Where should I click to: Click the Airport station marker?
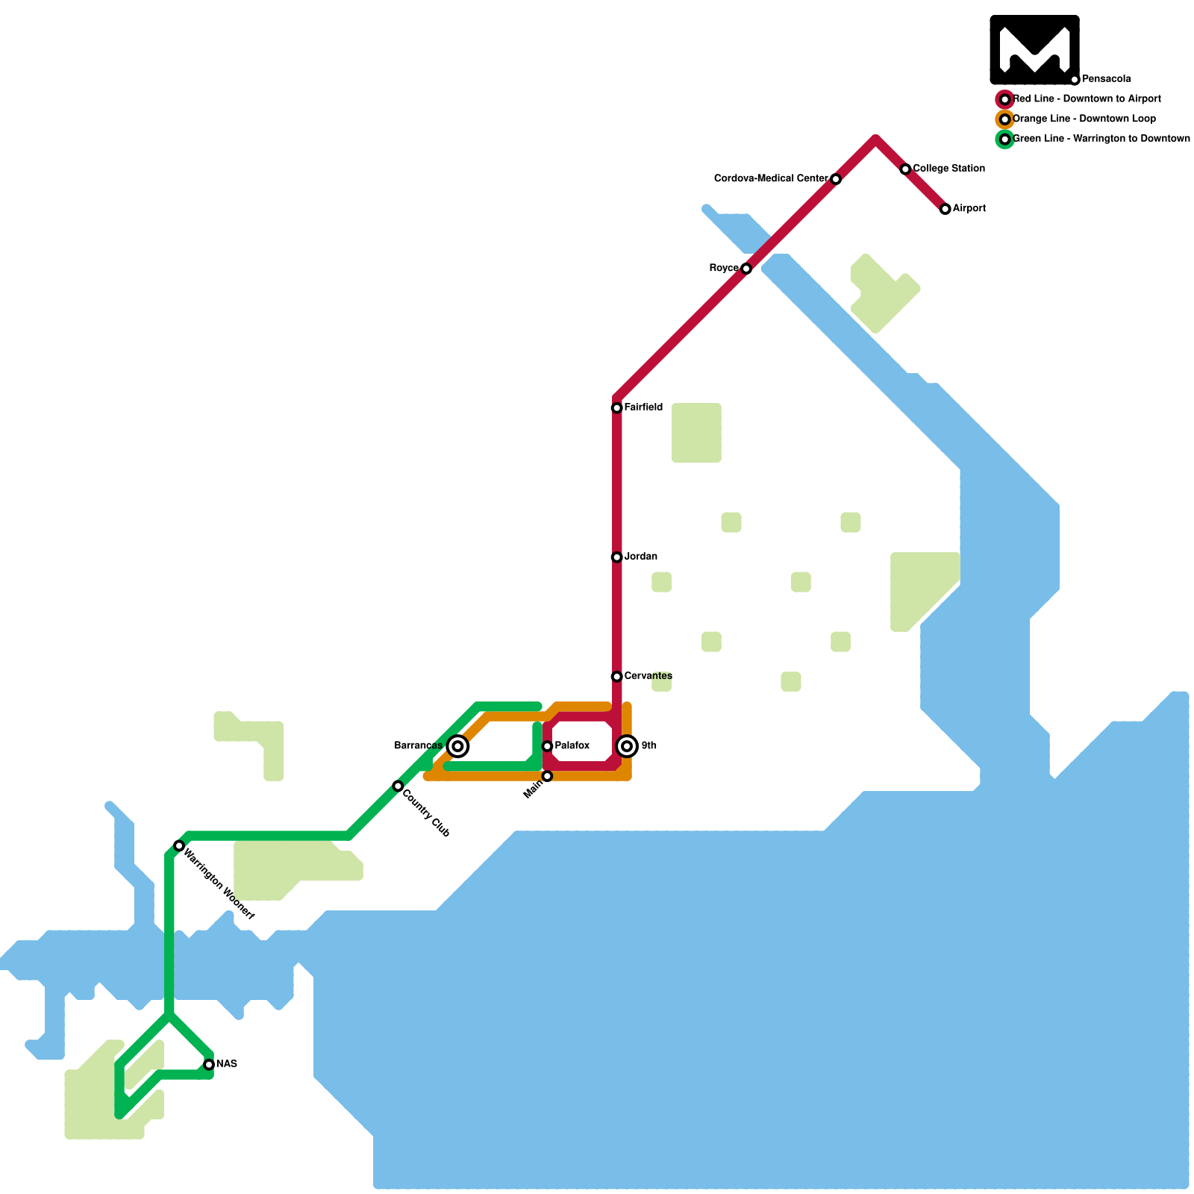click(945, 209)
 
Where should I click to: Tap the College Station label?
click(948, 169)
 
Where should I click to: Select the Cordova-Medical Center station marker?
click(836, 179)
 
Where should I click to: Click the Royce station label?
click(723, 268)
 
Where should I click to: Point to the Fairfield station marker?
click(616, 407)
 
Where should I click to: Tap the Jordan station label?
click(640, 557)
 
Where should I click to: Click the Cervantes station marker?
click(616, 676)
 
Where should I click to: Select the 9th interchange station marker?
click(627, 746)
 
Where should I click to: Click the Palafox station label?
click(572, 746)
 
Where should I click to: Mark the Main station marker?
click(547, 776)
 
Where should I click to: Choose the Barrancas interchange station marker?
click(458, 746)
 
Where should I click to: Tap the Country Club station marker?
click(398, 786)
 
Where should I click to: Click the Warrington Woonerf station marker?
click(179, 846)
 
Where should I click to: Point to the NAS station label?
click(226, 1064)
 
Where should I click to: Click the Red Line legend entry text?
click(1087, 99)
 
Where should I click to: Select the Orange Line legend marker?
click(1005, 119)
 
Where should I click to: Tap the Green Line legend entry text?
click(1101, 139)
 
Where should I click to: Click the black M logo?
click(1034, 49)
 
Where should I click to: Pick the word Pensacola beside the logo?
click(1106, 79)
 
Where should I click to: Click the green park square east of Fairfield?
click(696, 433)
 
